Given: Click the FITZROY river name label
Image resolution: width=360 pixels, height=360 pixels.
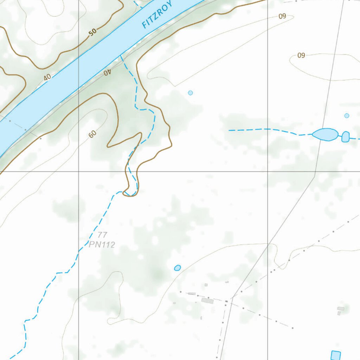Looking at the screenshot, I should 157,15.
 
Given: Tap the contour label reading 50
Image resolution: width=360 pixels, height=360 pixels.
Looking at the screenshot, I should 92,32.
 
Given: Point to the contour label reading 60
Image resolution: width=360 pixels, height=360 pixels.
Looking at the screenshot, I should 92,134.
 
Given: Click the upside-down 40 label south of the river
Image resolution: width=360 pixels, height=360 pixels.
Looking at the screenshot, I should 107,72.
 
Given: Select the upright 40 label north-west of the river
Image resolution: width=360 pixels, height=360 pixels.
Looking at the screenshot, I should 47,77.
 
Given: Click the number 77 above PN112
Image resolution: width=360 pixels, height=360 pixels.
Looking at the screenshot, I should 102,235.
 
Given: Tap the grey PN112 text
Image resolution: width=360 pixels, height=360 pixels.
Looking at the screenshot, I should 102,245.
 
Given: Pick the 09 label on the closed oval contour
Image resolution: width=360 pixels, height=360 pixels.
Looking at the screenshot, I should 301,55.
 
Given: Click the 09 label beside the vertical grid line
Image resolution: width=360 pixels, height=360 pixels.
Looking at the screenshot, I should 282,16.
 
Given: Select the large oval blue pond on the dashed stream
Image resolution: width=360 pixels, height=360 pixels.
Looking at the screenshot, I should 325,134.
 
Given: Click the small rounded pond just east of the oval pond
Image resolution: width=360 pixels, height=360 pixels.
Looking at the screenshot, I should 346,136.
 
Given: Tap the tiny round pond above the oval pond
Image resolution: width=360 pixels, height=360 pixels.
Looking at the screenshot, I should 347,116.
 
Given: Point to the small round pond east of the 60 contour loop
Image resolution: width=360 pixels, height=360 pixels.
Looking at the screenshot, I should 191,93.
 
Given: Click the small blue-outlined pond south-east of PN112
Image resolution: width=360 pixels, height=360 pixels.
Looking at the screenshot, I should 178,268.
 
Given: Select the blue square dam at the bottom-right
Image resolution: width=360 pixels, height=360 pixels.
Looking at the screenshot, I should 336,355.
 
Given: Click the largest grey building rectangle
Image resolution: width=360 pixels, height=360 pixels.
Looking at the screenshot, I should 207,301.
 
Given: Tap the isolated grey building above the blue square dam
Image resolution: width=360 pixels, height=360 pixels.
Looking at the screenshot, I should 341,309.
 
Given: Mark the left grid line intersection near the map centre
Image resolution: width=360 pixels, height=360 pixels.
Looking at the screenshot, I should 78,172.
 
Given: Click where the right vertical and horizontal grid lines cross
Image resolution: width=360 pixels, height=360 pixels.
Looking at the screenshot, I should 268,172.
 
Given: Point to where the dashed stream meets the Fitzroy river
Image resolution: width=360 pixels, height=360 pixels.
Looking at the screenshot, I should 121,55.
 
